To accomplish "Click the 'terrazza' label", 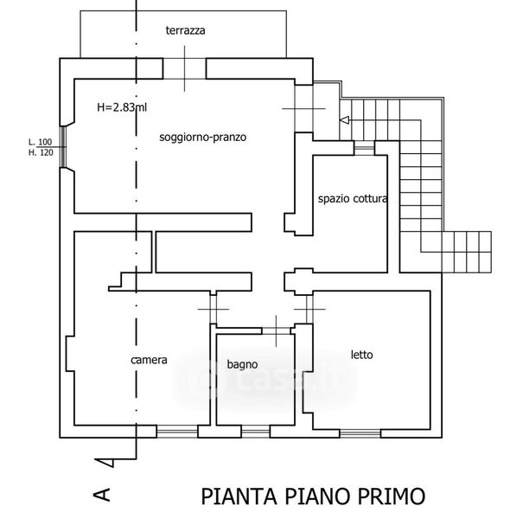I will [186, 30].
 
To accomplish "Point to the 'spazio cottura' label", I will [351, 198].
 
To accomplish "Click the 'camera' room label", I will [149, 360].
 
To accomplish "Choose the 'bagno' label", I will [243, 364].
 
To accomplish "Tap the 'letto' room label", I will [361, 355].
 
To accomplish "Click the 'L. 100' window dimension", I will [40, 142].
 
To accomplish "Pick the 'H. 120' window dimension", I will [40, 152].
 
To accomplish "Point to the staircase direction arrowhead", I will [345, 120].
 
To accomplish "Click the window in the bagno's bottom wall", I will [254, 430].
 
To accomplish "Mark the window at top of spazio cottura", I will [365, 150].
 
